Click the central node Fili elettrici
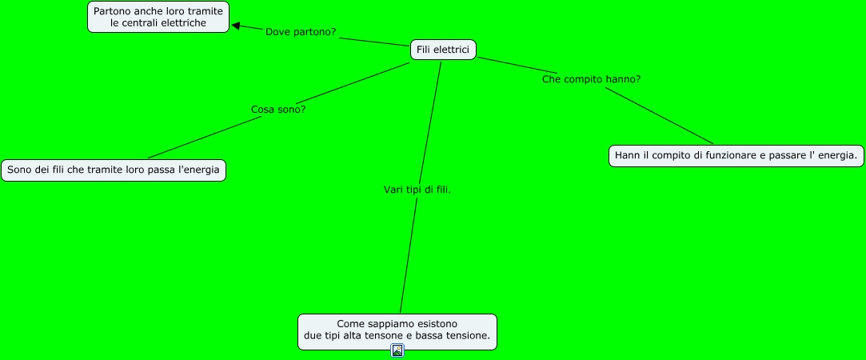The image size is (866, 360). click(x=443, y=50)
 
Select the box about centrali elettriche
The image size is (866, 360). click(x=158, y=17)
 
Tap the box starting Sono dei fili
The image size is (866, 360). click(x=113, y=170)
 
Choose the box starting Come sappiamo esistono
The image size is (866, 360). click(x=397, y=331)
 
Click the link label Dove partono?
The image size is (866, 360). click(x=301, y=32)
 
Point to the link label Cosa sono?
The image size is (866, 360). click(x=278, y=109)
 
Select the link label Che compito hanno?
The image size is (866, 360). click(x=591, y=79)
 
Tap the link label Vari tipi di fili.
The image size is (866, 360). click(x=417, y=190)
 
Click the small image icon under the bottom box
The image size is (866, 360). click(x=397, y=350)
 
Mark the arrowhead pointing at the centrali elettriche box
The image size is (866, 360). click(x=236, y=26)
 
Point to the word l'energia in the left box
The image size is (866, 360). click(x=198, y=170)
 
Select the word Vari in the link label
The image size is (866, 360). click(x=393, y=190)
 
